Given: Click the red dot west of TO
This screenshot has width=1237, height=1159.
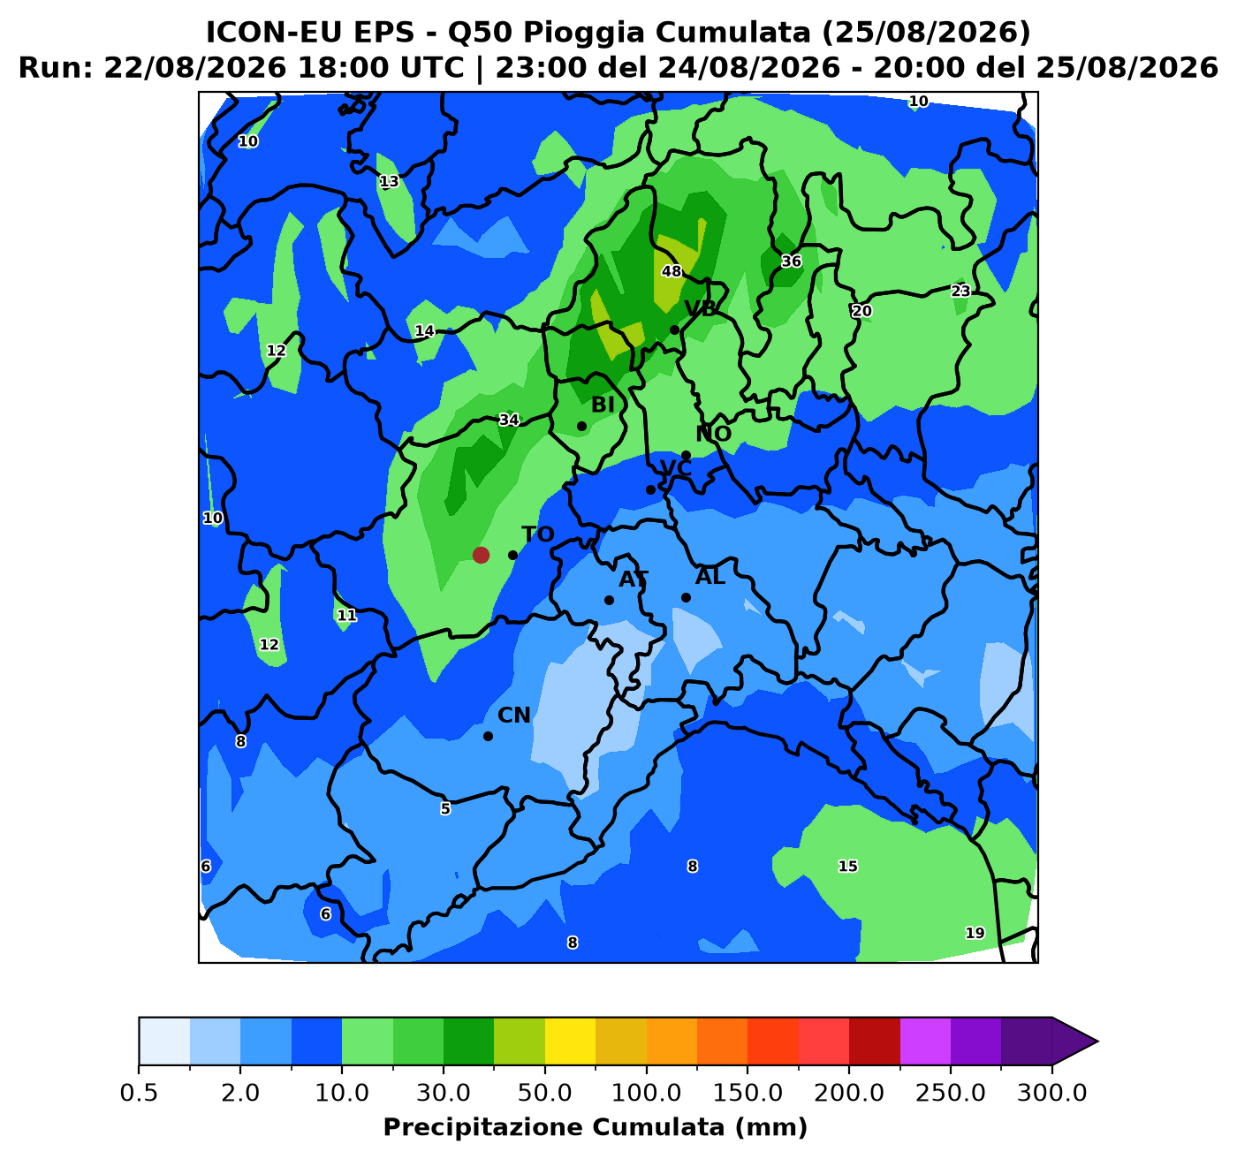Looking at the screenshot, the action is point(481,555).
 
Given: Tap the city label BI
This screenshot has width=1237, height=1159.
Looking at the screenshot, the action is point(603,405).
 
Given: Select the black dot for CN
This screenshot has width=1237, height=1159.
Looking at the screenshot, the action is point(489,736).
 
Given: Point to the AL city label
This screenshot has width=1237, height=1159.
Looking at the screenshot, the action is point(710,577).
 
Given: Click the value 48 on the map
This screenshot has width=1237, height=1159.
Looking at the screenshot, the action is point(672,271).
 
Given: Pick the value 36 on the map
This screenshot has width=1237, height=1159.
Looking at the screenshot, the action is point(791,261).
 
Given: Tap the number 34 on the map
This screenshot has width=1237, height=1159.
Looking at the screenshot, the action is point(509,420).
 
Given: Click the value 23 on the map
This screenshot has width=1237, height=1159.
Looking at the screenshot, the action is point(960,291).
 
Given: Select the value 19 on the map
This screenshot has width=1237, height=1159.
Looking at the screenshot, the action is point(975,933).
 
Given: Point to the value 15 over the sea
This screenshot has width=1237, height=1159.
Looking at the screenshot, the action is point(847,866).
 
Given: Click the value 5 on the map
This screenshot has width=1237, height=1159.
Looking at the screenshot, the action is point(445,808).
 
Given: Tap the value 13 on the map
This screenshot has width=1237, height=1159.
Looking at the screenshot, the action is point(390,181).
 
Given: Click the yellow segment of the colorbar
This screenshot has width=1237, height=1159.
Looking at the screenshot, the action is point(570,1042).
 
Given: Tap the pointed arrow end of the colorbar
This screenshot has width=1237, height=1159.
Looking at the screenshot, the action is point(1097,1042).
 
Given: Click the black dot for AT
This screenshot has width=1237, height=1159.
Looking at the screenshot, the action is point(609,600).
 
